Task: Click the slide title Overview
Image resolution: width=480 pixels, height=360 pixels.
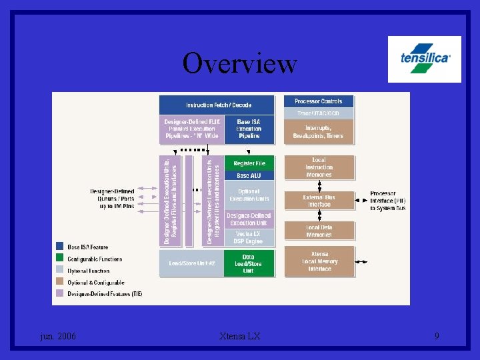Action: pyautogui.click(x=239, y=63)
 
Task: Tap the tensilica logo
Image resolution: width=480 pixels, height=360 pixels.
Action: pyautogui.click(x=425, y=59)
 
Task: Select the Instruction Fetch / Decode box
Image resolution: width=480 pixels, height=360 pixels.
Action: pyautogui.click(x=217, y=105)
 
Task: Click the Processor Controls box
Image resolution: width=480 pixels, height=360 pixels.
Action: pyautogui.click(x=319, y=101)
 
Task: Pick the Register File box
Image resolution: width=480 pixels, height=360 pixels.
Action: pyautogui.click(x=249, y=163)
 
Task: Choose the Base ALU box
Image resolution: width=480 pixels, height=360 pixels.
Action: pyautogui.click(x=249, y=175)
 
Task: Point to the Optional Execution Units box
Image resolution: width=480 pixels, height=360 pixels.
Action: pyautogui.click(x=249, y=195)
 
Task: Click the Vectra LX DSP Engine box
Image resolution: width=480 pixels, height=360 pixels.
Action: pyautogui.click(x=249, y=237)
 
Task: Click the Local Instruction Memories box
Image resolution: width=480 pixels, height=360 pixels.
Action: pyautogui.click(x=319, y=167)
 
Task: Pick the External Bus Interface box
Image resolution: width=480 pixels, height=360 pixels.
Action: pyautogui.click(x=319, y=201)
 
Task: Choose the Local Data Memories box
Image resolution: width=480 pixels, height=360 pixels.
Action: pyautogui.click(x=319, y=231)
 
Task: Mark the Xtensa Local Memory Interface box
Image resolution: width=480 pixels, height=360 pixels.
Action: pyautogui.click(x=319, y=261)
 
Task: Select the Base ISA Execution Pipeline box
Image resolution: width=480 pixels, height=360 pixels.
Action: pyautogui.click(x=249, y=129)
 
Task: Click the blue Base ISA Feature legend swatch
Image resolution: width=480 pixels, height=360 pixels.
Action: pyautogui.click(x=60, y=247)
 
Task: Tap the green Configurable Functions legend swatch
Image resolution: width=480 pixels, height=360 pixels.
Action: pyautogui.click(x=60, y=259)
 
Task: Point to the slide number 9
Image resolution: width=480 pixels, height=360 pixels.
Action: pyautogui.click(x=437, y=336)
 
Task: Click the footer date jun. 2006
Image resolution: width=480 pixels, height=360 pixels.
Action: pyautogui.click(x=57, y=336)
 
